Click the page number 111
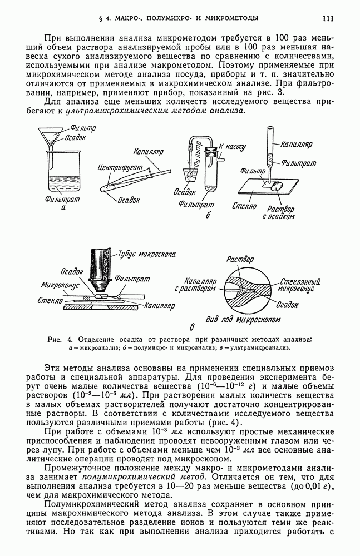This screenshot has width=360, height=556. pyautogui.click(x=327, y=18)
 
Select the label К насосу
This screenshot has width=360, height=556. pyautogui.click(x=232, y=147)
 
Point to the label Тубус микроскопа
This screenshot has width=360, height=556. pyautogui.click(x=147, y=254)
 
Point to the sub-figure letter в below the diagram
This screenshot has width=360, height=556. pyautogui.click(x=177, y=327)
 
